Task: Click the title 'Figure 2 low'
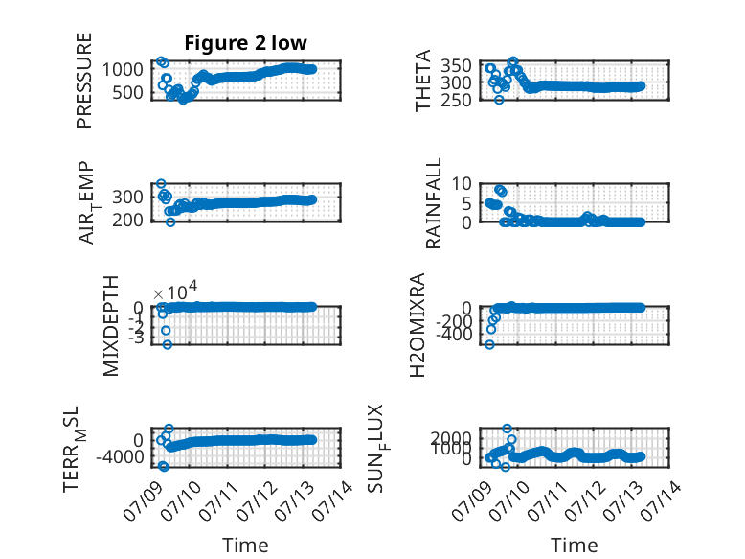(x=246, y=43)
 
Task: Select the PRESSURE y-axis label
(x=84, y=81)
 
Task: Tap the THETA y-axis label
(x=422, y=81)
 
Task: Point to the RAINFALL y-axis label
(x=434, y=203)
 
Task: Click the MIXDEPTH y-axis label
(x=110, y=326)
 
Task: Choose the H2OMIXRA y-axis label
(x=417, y=325)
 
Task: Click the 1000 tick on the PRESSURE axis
(x=123, y=69)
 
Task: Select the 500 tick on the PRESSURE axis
(x=127, y=93)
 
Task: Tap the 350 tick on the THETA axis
(x=456, y=65)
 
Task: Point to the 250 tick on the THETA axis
(x=456, y=101)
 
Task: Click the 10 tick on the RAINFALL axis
(x=462, y=183)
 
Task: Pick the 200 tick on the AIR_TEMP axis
(x=127, y=221)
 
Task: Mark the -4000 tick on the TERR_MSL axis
(x=120, y=457)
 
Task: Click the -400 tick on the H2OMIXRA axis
(x=454, y=335)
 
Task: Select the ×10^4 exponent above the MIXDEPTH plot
(x=175, y=291)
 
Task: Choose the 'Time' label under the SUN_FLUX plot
(x=574, y=546)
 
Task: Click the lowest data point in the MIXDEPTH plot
(x=168, y=344)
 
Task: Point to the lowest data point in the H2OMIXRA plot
(x=490, y=344)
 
